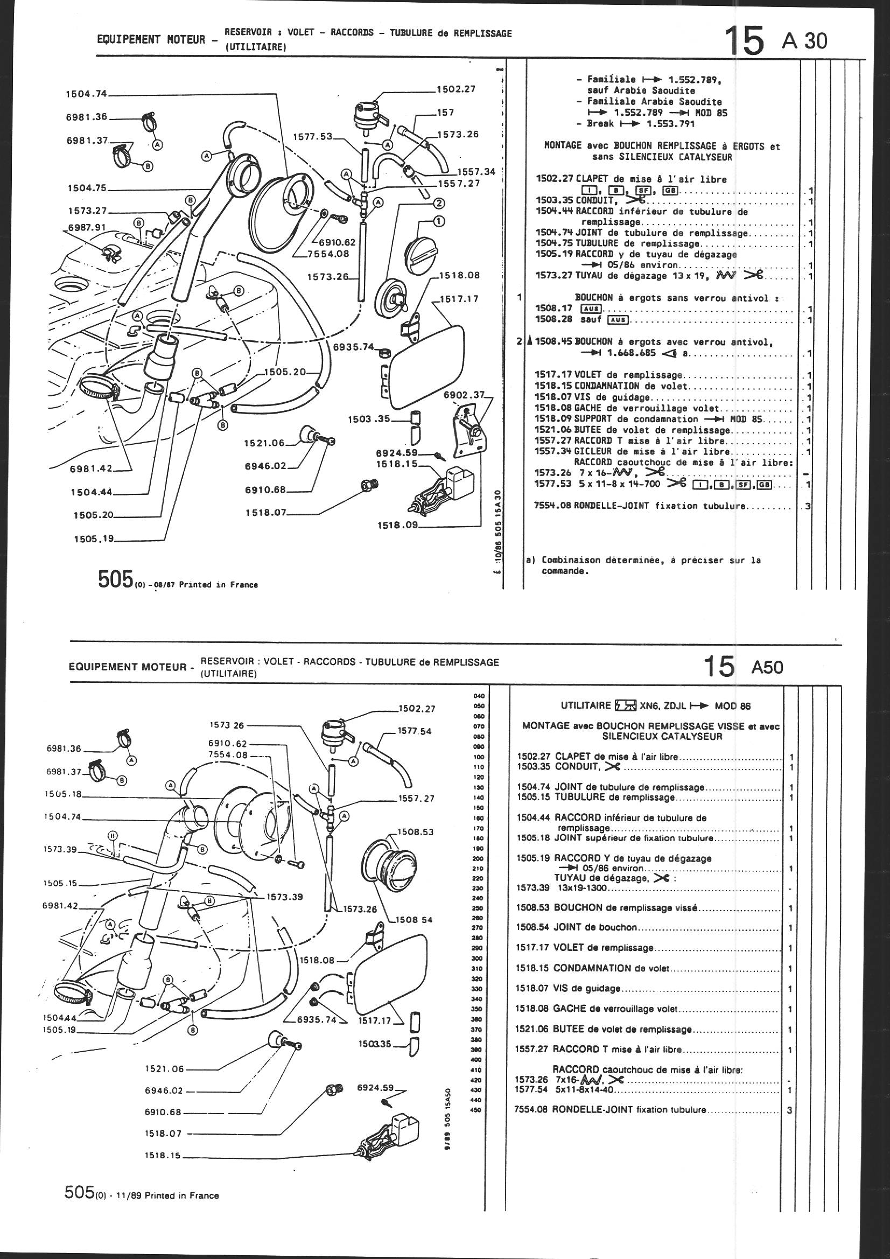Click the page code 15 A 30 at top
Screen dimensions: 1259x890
pyautogui.click(x=775, y=39)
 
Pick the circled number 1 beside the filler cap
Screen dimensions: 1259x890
pyautogui.click(x=439, y=221)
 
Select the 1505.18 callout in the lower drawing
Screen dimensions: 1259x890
pyautogui.click(x=61, y=793)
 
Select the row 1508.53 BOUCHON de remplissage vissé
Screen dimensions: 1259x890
pyautogui.click(x=647, y=908)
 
